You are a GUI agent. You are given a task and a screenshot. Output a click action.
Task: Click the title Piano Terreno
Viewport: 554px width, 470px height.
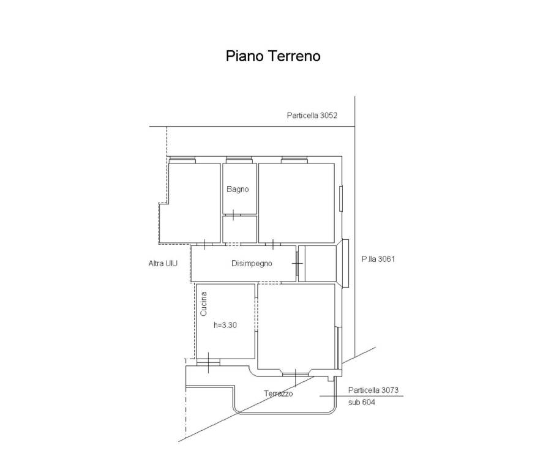pos(273,56)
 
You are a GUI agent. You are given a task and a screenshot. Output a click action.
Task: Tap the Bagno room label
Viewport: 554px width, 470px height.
pos(238,189)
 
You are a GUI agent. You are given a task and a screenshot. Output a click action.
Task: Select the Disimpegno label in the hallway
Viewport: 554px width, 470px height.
pos(252,263)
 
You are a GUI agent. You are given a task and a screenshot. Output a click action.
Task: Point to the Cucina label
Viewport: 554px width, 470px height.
pos(203,304)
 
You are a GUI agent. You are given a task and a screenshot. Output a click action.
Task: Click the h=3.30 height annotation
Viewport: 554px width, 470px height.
pos(225,325)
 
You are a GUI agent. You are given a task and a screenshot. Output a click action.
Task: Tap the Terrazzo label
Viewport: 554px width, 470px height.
pos(279,394)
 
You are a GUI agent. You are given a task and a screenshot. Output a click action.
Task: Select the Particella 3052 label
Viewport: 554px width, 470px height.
pos(312,116)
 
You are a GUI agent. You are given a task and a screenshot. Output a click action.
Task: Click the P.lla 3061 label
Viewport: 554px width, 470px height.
pos(378,259)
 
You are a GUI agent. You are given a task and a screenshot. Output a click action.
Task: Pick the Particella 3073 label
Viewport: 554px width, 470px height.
pos(373,390)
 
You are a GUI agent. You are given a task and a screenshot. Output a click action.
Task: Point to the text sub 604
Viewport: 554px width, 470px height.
pos(361,402)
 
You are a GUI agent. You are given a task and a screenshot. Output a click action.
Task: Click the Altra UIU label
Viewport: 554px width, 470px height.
pos(163,263)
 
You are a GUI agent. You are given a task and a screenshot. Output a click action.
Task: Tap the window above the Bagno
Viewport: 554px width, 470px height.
pos(239,160)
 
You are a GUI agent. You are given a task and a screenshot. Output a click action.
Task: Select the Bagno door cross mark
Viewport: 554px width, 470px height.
pos(233,214)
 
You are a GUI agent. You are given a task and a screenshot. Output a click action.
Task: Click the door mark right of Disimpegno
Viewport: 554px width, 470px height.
pos(297,263)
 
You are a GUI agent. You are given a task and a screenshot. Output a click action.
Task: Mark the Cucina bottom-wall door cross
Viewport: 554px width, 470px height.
pos(209,362)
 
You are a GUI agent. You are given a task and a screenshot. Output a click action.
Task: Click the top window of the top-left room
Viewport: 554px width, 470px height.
pos(182,160)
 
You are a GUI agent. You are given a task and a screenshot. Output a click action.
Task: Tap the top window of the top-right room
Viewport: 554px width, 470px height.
pos(294,160)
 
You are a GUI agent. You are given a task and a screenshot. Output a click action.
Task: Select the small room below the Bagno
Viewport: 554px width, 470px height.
pos(239,229)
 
